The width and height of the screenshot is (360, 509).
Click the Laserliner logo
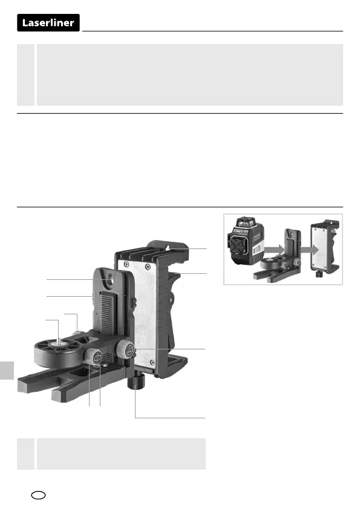point(48,23)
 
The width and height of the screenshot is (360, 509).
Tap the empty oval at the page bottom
point(38,495)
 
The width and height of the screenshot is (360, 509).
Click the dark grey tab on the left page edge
point(7,371)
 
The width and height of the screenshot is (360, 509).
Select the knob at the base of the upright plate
point(125,349)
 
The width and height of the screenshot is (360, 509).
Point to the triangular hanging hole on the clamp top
point(168,248)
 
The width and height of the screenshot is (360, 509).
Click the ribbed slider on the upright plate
point(108,313)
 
